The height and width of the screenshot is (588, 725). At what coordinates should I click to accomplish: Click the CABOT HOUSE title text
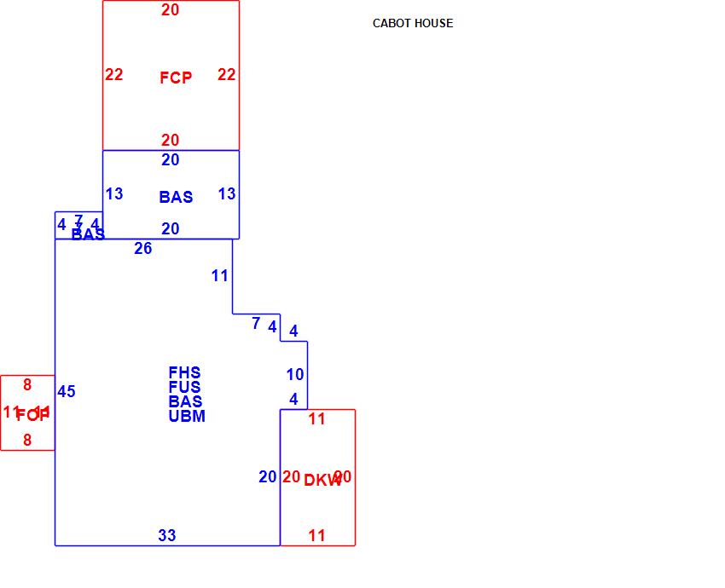pos(413,23)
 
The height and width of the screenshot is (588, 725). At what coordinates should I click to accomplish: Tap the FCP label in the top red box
pos(176,78)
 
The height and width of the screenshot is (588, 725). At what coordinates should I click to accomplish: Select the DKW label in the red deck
pos(322,481)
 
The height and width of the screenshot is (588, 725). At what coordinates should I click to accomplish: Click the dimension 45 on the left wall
pos(67,392)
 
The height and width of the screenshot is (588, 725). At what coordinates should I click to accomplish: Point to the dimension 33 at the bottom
pos(167,536)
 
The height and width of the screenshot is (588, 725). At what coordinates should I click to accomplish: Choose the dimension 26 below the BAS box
pos(143,249)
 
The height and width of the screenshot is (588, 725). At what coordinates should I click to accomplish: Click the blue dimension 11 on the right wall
pos(220,276)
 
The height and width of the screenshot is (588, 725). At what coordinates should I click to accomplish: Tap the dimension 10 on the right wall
pos(295,375)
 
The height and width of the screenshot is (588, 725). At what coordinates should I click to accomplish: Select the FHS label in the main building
pos(185,372)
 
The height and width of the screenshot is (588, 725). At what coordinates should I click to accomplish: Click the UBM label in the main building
pos(187,416)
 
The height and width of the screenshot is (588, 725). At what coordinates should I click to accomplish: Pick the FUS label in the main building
pos(185,387)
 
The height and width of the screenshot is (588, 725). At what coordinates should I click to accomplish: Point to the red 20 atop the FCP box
pos(171,10)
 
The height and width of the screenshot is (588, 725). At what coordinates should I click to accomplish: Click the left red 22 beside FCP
pos(114,75)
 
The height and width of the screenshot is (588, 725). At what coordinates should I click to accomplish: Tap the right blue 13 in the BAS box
pos(227,194)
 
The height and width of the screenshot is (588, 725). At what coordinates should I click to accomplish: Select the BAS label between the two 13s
pos(176,197)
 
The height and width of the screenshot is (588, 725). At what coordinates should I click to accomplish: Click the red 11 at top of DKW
pos(317,419)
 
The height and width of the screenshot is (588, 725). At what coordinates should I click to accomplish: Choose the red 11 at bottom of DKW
pos(317,536)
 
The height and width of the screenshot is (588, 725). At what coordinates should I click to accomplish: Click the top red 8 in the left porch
pos(27,385)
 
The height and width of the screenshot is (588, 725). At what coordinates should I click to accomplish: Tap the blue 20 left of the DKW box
pos(268,477)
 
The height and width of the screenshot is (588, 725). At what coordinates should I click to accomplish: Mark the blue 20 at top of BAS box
pos(171,160)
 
